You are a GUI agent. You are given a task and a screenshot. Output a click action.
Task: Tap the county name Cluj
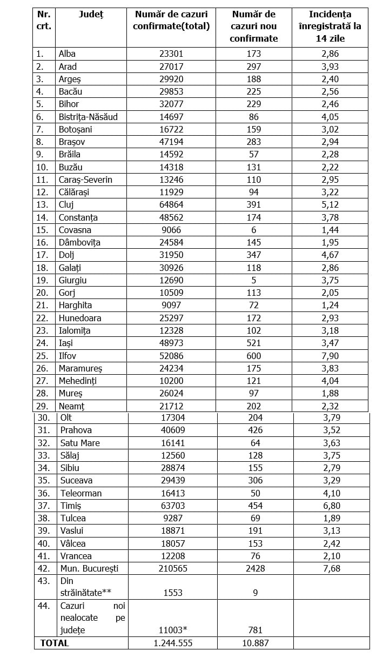66,204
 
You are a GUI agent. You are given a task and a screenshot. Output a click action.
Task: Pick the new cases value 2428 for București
253,568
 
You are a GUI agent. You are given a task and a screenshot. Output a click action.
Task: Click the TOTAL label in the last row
55,643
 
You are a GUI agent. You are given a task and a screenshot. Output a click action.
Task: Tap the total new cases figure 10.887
253,643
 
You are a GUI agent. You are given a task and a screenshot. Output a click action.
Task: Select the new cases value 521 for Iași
253,343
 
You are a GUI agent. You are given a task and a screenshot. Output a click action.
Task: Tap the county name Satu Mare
80,443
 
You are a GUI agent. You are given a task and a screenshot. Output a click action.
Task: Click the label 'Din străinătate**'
85,587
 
